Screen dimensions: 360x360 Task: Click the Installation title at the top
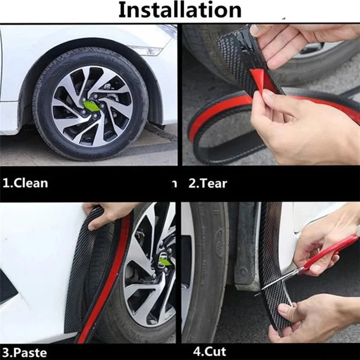(180, 10)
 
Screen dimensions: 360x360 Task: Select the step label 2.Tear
(207, 183)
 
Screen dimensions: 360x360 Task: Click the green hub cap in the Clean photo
(92, 106)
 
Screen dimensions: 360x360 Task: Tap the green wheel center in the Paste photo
(165, 262)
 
